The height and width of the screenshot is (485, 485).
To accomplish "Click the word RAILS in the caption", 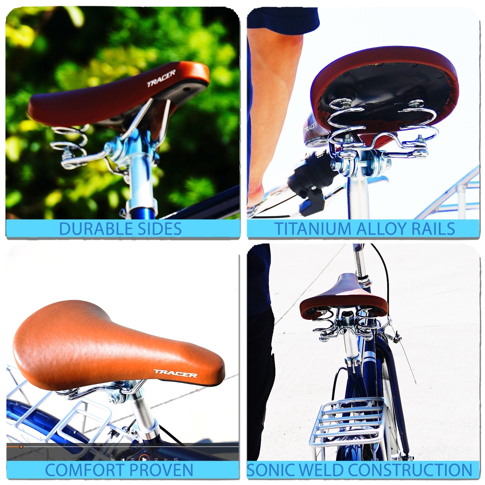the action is (x=433, y=229).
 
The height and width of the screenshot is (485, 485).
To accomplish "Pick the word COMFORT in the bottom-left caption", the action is (x=85, y=470).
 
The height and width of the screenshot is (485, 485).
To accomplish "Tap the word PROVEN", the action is (x=161, y=470).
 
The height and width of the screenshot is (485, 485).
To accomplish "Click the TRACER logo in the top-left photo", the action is (x=161, y=78).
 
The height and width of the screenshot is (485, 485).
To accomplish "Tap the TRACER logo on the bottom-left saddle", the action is (x=175, y=373).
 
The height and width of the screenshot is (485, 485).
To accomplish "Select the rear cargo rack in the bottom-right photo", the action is (x=347, y=424).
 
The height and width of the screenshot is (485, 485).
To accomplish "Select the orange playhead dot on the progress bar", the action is (x=21, y=446).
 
